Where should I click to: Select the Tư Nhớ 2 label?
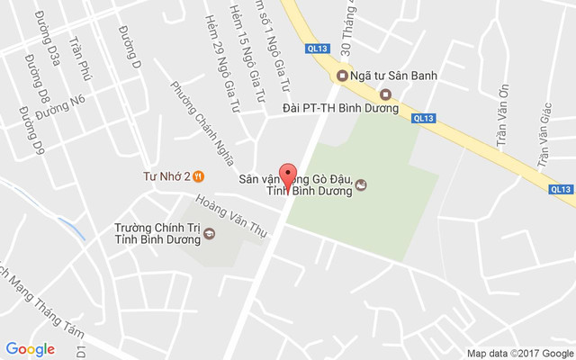click(166, 176)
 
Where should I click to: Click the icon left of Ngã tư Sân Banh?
click(342, 76)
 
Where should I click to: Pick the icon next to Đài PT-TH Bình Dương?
click(386, 94)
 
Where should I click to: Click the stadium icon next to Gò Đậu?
click(362, 185)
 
